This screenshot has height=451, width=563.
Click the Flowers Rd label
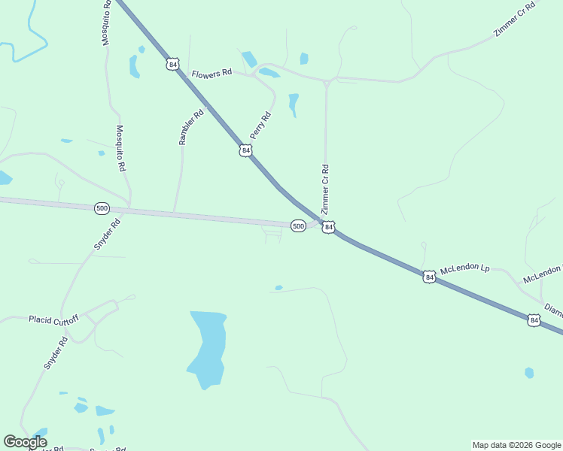point(212,74)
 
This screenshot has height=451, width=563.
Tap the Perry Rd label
point(260,126)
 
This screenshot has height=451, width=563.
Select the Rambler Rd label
point(191,128)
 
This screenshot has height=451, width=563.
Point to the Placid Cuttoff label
point(53,319)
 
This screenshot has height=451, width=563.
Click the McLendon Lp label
point(465,268)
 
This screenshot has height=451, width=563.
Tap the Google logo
point(25,442)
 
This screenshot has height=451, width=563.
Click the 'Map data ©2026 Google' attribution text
point(516,445)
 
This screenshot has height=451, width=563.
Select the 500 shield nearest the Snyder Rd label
point(102,208)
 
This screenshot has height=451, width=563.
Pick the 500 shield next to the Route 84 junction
point(298,225)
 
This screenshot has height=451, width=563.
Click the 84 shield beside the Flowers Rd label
point(173,65)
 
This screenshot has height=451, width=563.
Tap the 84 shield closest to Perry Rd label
point(245,151)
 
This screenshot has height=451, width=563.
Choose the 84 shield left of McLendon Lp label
point(428,277)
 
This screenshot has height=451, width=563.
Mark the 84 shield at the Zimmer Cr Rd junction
point(328,227)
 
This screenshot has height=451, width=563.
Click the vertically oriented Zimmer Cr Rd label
point(326,189)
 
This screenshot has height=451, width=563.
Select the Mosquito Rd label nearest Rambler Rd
point(120,148)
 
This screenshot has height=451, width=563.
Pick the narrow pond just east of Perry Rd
point(294,104)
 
